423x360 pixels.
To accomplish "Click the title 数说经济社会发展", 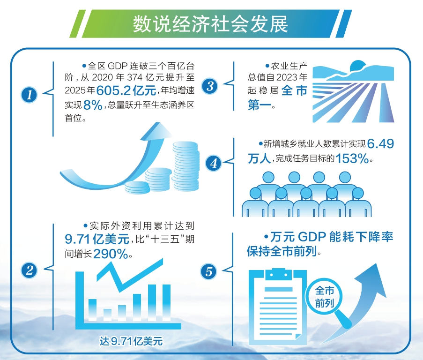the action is [210, 24].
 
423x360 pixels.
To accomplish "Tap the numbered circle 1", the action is [29, 95].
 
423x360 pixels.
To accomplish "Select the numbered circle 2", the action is [29, 270].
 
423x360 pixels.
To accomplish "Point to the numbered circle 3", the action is [209, 86].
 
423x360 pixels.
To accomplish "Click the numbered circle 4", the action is [214, 163].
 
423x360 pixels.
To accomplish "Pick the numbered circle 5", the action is [208, 271].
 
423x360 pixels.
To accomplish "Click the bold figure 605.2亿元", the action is [126, 90].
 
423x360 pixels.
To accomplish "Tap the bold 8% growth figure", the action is [93, 105].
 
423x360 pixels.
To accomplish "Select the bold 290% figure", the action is [111, 254].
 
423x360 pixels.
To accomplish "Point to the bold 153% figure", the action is [352, 158].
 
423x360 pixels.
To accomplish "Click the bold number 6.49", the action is [380, 144].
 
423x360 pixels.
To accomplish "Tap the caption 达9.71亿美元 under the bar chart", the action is [131, 341].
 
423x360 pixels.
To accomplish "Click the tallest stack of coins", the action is [186, 165].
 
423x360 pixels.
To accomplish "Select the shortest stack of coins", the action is [137, 187].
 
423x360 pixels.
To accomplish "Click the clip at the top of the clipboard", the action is [279, 274].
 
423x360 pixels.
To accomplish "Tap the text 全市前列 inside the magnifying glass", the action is [325, 297].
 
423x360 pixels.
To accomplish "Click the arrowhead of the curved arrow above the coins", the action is [157, 131].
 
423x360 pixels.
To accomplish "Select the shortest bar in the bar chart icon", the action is [107, 315].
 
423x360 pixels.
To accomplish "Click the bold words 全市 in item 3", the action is [294, 90].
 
